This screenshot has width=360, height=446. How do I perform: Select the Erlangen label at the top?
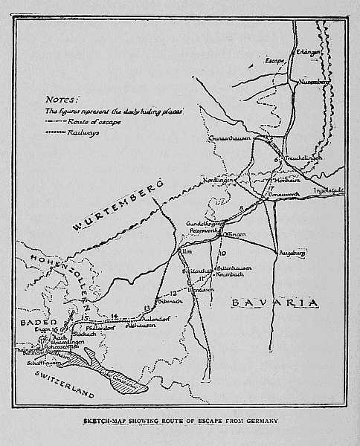(x=309, y=52)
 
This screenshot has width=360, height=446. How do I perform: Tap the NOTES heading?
(x=60, y=98)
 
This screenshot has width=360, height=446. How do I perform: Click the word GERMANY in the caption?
(x=257, y=421)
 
